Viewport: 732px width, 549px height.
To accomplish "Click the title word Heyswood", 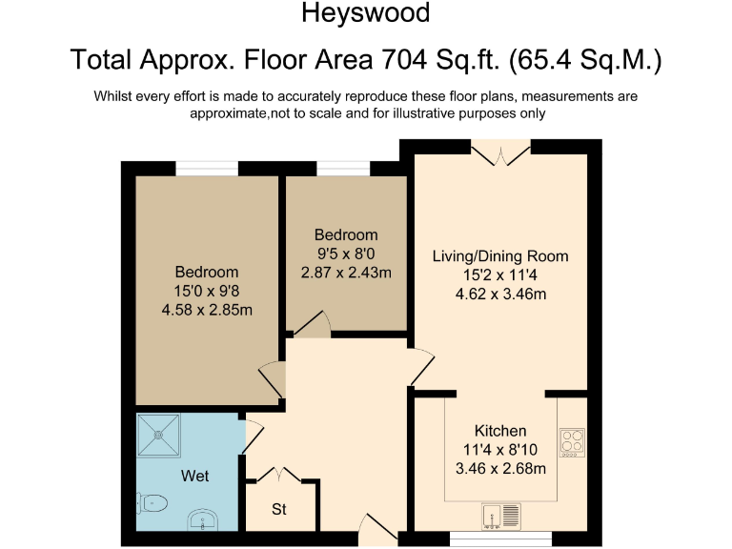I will click(x=366, y=13).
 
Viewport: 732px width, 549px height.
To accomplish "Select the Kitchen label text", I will click(x=500, y=431).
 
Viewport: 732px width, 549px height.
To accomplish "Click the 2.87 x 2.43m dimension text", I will click(x=347, y=272).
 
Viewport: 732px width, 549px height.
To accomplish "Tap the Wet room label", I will click(x=194, y=476).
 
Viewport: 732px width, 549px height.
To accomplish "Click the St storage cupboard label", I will click(x=279, y=509).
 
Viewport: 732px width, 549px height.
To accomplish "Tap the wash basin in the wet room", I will click(x=204, y=519).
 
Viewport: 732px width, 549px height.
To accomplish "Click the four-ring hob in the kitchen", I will click(x=572, y=442).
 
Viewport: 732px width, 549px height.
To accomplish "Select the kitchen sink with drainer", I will click(x=501, y=516).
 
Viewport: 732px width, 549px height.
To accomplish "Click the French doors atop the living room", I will click(x=500, y=152).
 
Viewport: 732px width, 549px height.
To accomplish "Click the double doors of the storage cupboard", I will click(x=277, y=474).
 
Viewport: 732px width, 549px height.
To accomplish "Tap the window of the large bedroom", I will click(x=207, y=168).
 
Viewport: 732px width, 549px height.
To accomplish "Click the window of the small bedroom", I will click(x=343, y=168).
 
